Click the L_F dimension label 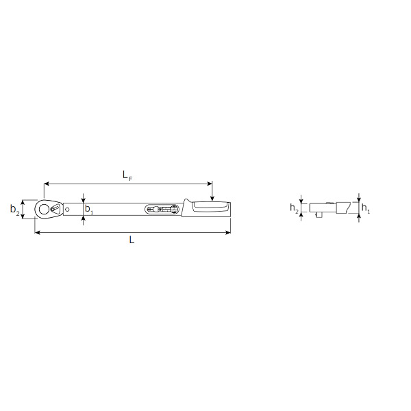tap(127, 175)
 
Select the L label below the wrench tap(132, 240)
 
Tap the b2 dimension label tap(14, 210)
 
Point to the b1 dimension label tap(89, 210)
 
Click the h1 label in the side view tap(366, 208)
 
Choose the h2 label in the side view tap(294, 208)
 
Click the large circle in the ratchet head tap(44, 209)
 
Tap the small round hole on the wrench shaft tap(67, 209)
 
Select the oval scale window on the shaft tap(162, 209)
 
